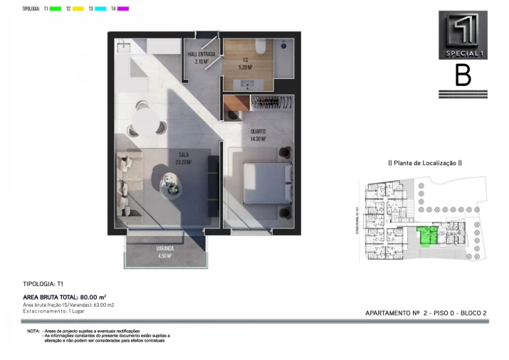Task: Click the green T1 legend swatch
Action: (x=56, y=9)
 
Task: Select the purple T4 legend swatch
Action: (x=123, y=9)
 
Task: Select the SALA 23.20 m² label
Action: (x=183, y=157)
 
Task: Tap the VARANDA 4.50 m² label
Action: (x=164, y=251)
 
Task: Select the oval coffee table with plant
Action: (x=172, y=186)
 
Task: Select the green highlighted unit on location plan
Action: (x=426, y=235)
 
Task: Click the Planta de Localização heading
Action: (x=425, y=163)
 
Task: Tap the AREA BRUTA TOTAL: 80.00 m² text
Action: (x=64, y=297)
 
